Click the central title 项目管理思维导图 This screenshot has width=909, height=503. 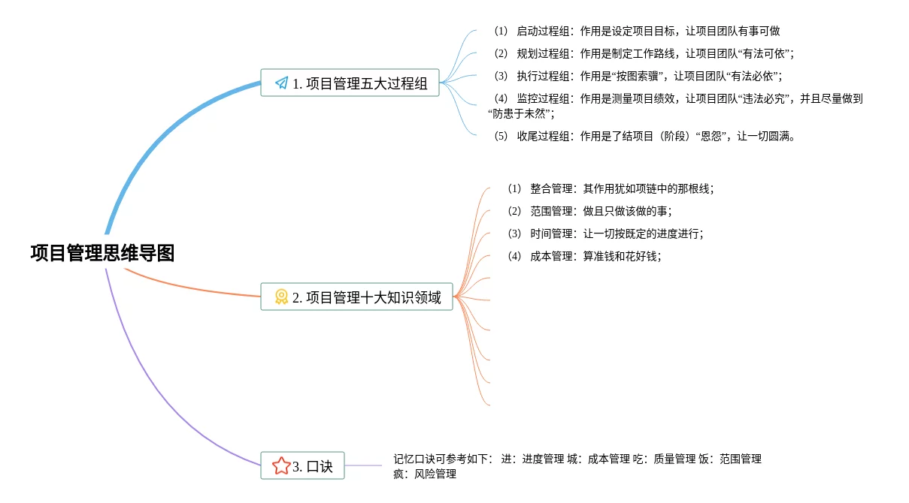click(x=102, y=253)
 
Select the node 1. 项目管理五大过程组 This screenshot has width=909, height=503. click(x=350, y=83)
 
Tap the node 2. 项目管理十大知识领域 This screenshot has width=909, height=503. click(x=357, y=297)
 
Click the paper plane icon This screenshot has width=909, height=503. click(x=281, y=83)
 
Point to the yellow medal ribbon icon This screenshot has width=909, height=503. click(x=281, y=297)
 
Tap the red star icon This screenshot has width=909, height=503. click(x=281, y=466)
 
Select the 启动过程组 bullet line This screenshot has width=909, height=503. click(x=636, y=32)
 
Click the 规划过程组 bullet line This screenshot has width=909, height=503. click(x=644, y=53)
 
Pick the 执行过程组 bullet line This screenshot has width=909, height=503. click(x=638, y=76)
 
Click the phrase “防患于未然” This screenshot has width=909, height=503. click(x=521, y=114)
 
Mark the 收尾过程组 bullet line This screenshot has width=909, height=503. click(x=644, y=137)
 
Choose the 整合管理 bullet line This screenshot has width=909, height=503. click(x=610, y=189)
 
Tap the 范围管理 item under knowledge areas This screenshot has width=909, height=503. click(x=589, y=212)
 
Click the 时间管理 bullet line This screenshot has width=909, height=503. click(x=605, y=233)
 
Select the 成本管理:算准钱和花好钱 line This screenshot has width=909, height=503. click(x=584, y=256)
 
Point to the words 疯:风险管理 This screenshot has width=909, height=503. click(x=425, y=474)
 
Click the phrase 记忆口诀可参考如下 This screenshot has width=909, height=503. click(x=442, y=459)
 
